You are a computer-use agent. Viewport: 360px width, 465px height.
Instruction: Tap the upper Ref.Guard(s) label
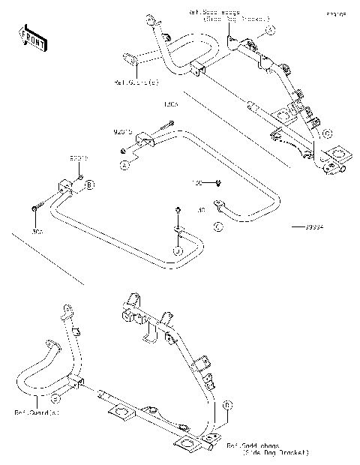pyautogui.click(x=136, y=81)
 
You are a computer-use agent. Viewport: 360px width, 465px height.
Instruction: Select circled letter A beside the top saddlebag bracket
pyautogui.click(x=271, y=30)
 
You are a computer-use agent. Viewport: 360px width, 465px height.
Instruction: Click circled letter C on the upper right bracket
pyautogui.click(x=326, y=133)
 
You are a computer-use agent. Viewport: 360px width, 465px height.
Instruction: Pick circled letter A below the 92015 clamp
pyautogui.click(x=127, y=161)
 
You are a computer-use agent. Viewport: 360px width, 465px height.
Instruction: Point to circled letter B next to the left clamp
pyautogui.click(x=89, y=184)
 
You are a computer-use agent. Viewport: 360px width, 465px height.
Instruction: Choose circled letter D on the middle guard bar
pyautogui.click(x=178, y=250)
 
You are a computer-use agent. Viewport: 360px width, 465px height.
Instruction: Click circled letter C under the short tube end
pyautogui.click(x=217, y=225)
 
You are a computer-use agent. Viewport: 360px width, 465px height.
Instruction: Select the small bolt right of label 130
pyautogui.click(x=216, y=181)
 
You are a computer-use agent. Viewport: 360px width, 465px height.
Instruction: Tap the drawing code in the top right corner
pyautogui.click(x=335, y=13)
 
